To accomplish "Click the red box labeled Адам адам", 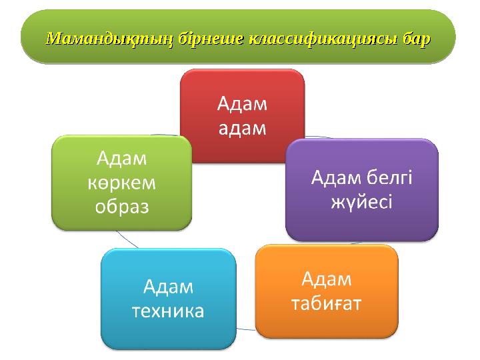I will coord(243,116).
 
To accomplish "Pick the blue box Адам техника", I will coord(168,299).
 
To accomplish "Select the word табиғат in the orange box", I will coord(327,303).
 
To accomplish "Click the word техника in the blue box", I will coord(168,311).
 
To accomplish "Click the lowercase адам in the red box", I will coord(243,128).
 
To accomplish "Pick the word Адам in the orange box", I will coord(327,278).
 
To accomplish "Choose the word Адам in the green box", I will coord(122,159).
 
